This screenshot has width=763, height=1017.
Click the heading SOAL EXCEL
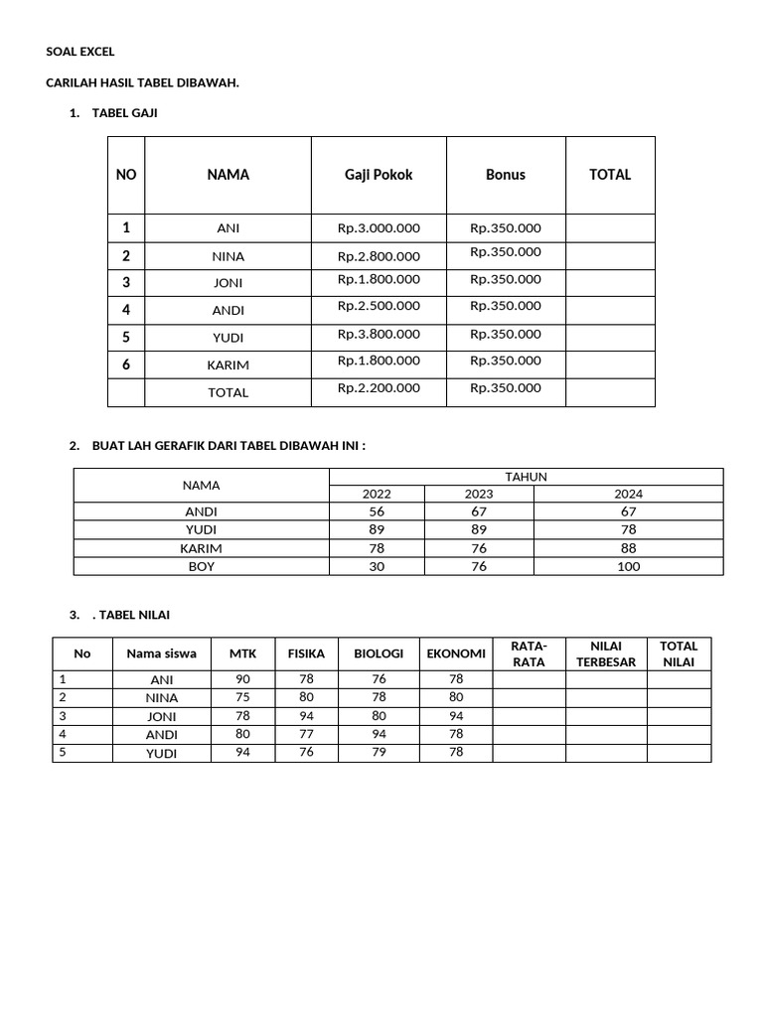(80, 52)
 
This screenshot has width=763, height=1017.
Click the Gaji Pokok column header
(379, 175)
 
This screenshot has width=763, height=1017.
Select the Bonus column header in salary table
(506, 175)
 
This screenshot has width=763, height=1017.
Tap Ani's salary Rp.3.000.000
(379, 228)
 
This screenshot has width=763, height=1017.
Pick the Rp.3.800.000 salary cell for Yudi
(379, 335)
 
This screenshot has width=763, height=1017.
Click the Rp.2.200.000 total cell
(379, 388)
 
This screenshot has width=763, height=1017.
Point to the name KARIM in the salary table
(228, 365)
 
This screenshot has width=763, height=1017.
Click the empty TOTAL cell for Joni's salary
(610, 282)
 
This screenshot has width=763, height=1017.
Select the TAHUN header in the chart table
(526, 477)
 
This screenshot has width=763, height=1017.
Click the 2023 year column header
(479, 494)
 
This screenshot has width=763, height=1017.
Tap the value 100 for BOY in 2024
(628, 567)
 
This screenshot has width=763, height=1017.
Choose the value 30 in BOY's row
(377, 567)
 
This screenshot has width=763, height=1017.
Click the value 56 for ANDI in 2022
(377, 511)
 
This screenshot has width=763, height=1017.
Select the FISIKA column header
(306, 654)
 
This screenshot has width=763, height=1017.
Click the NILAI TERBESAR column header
(606, 654)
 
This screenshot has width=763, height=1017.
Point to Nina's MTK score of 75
(243, 697)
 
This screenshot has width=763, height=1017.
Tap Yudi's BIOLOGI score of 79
(379, 753)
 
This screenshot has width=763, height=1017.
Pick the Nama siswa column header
(161, 654)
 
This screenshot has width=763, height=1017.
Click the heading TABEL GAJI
(124, 113)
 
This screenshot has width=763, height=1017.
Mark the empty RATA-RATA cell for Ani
(529, 679)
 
